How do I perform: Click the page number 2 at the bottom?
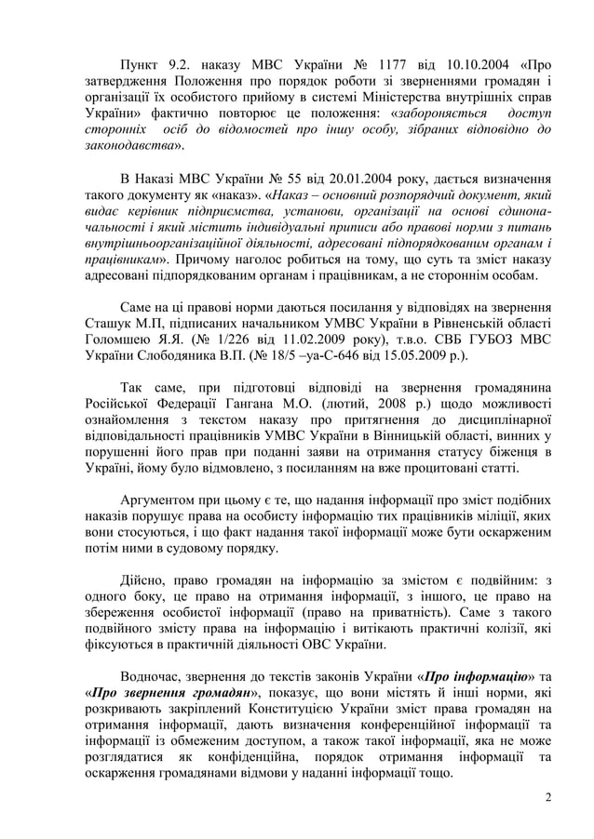coord(548,796)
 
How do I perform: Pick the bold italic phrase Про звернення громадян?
coord(170,693)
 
